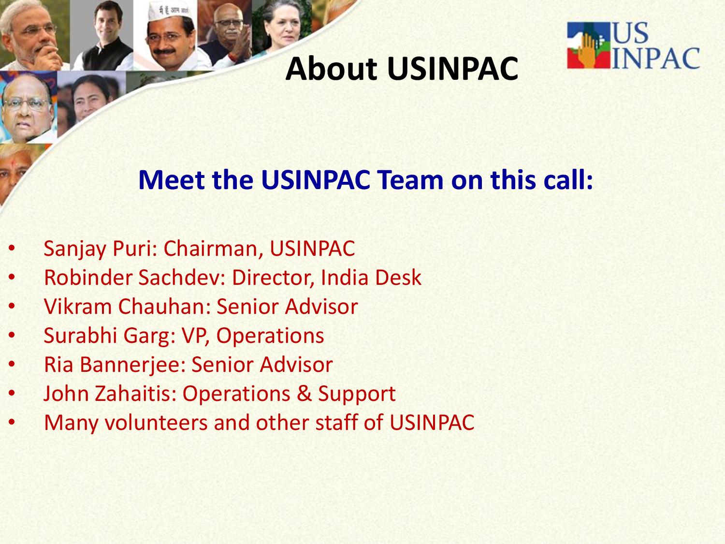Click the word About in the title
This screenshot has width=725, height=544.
tap(331, 69)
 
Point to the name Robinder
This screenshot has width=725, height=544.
tap(88, 278)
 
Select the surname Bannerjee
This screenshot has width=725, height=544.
tap(133, 365)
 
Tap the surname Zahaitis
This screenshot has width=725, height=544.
tap(136, 394)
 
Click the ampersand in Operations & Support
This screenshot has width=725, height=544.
tap(304, 394)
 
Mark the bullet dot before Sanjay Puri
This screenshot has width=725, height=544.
tap(12, 249)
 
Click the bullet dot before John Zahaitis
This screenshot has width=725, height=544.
tap(12, 393)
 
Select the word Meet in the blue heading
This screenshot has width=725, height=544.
tap(172, 180)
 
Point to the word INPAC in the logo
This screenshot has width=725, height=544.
tap(656, 59)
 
